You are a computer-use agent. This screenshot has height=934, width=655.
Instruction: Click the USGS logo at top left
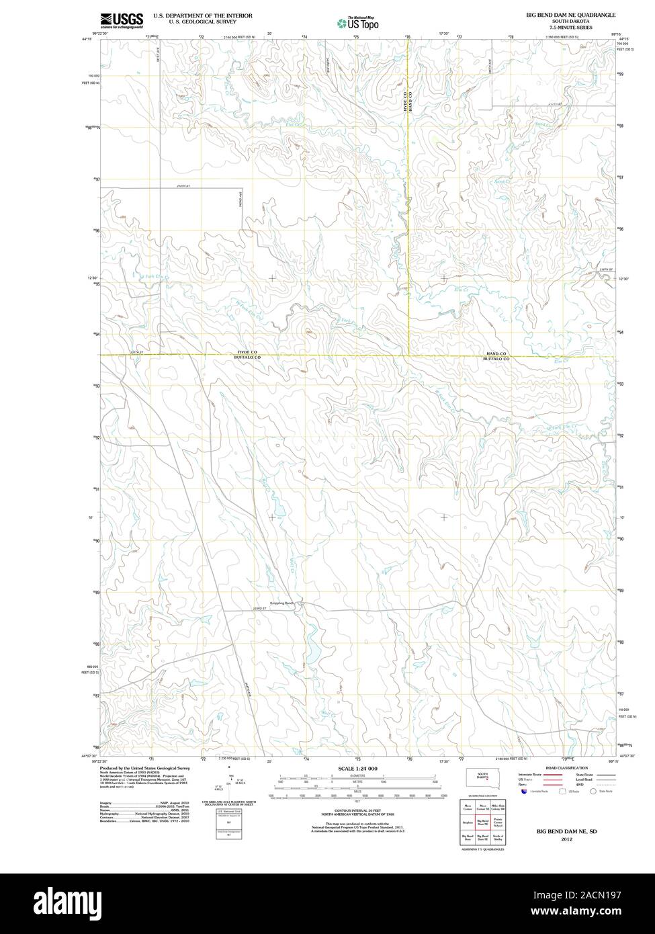(122, 21)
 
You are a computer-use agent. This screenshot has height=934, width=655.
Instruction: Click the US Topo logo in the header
(358, 24)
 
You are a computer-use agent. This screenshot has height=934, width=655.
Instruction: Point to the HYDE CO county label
(247, 353)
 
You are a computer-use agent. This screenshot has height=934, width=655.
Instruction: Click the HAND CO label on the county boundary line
(496, 353)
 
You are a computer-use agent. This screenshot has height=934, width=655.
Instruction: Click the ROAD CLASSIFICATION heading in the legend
(567, 768)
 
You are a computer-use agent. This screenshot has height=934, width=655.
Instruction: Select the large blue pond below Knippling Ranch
(311, 650)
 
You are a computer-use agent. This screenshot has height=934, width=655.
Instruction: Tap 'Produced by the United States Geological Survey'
(144, 767)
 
